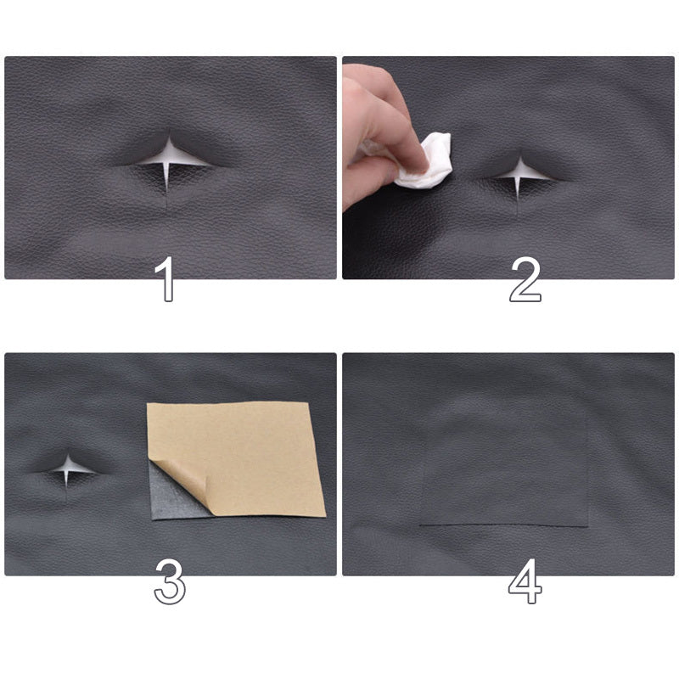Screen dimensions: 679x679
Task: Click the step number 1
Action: pyautogui.click(x=167, y=279)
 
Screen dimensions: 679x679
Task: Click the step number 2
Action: pyautogui.click(x=525, y=279)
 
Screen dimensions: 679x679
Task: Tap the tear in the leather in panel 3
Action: pyautogui.click(x=67, y=466)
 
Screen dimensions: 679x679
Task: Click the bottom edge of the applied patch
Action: pyautogui.click(x=504, y=525)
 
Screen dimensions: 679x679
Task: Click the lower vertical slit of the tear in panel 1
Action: pyautogui.click(x=167, y=180)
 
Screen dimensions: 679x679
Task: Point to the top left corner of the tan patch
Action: pyautogui.click(x=149, y=405)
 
